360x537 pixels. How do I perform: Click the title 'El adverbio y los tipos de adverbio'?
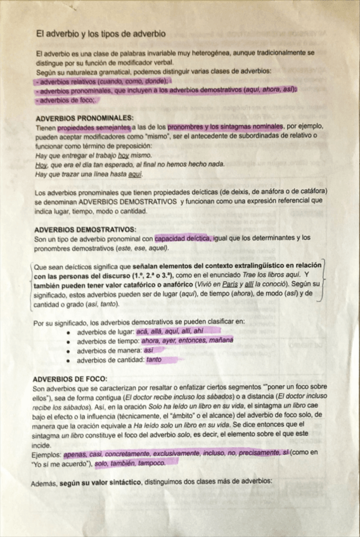101,33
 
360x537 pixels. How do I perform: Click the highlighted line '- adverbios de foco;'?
67,100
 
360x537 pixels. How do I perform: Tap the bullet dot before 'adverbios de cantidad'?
68,360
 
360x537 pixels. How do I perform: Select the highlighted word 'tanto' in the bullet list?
154,360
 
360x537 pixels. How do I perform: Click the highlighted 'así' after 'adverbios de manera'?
149,350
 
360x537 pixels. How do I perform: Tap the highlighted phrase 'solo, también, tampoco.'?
131,464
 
